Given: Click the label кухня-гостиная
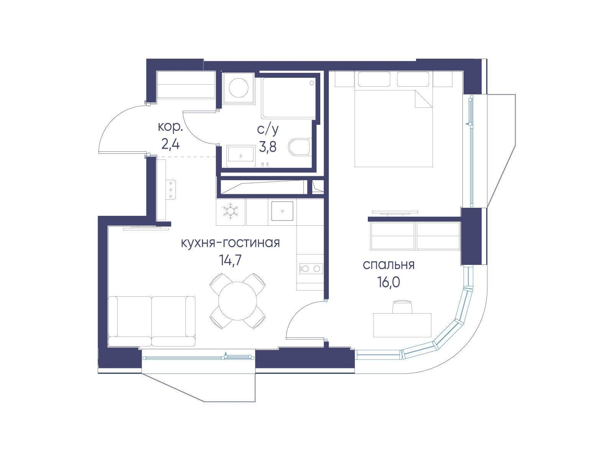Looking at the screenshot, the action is click(x=230, y=243).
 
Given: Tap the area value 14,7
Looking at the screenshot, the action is click(x=230, y=261).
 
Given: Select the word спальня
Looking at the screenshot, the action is click(x=388, y=265).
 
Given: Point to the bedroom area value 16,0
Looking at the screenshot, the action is click(x=389, y=283).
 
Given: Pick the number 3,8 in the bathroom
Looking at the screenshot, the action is click(x=268, y=147).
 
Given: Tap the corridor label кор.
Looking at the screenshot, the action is click(x=170, y=127).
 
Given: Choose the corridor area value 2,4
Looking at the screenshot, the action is click(x=170, y=145).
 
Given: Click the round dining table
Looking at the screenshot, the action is click(x=238, y=301).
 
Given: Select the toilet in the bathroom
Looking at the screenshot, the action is click(x=300, y=148).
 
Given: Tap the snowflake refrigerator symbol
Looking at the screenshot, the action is click(x=230, y=211).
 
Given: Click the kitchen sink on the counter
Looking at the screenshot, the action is click(x=282, y=211).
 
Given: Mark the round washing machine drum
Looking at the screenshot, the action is click(x=239, y=88).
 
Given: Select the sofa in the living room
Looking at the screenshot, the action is click(x=152, y=322).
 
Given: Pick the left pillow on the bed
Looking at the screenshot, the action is click(x=374, y=79).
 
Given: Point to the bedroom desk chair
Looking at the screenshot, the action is click(x=403, y=307).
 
